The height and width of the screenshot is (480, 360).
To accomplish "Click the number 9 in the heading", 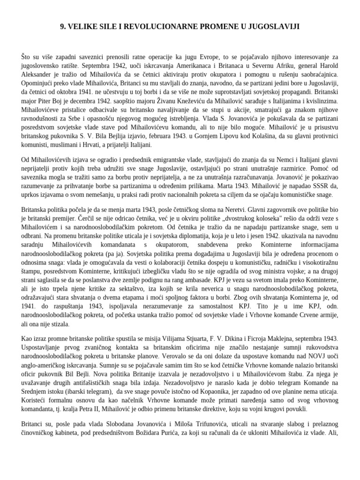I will point(62,27).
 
